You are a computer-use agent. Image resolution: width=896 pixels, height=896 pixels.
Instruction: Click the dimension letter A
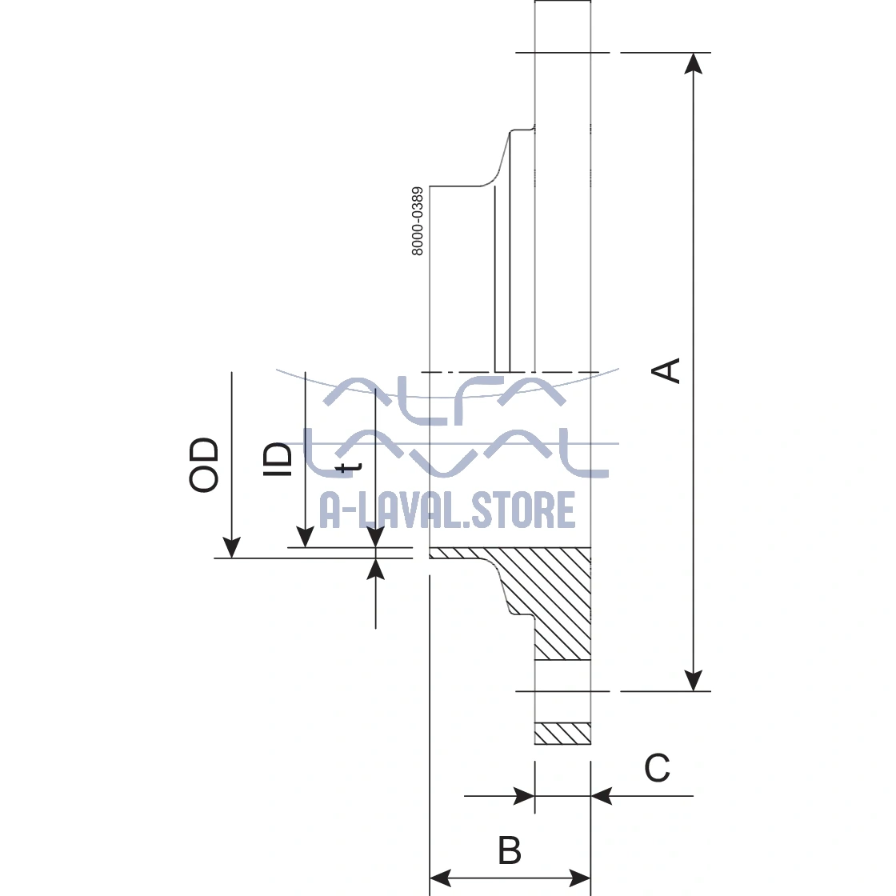667,370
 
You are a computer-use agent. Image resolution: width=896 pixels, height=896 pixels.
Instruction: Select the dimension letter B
510,850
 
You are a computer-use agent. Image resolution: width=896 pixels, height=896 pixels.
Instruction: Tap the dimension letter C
657,769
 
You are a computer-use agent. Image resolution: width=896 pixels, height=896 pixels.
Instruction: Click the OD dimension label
204,465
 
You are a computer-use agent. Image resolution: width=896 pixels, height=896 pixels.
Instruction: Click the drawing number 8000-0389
417,222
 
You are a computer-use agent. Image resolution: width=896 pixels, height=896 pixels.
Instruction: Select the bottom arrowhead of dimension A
695,680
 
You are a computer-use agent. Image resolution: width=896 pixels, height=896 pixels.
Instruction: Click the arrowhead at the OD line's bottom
231,548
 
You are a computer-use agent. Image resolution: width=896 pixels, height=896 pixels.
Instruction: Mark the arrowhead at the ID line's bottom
305,538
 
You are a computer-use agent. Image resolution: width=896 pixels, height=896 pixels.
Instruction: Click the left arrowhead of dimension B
441,877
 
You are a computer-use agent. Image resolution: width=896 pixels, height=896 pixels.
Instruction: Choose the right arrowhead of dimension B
580,877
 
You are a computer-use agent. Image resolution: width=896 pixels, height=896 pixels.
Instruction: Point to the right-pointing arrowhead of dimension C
524,796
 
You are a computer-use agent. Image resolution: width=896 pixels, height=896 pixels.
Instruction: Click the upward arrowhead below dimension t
376,569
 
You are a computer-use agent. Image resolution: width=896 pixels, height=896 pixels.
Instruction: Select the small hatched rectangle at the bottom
562,734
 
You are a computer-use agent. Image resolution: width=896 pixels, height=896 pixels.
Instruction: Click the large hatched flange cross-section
552,596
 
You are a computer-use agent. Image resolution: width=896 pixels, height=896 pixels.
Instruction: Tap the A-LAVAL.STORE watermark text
447,510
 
